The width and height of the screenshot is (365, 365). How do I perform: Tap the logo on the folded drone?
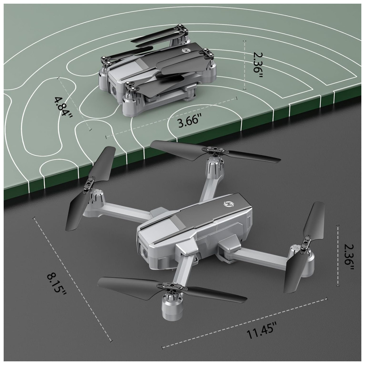tap(185, 50)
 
